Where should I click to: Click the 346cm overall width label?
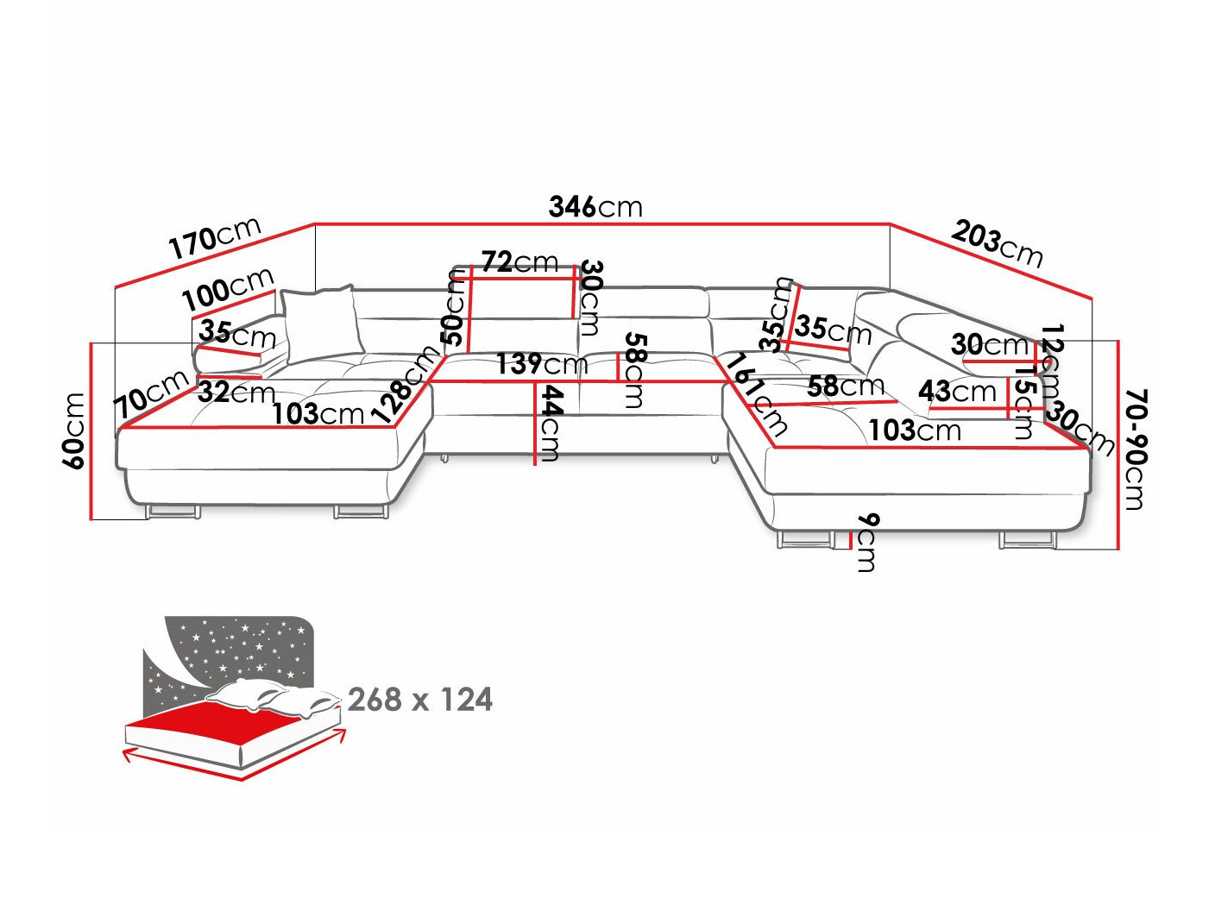(595, 207)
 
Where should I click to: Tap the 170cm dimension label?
(215, 238)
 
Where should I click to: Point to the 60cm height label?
(74, 430)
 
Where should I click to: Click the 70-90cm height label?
(1136, 449)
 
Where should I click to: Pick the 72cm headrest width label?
(519, 261)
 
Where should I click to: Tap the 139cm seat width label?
(541, 364)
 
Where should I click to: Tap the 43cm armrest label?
(957, 391)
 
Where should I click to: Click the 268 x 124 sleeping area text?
(420, 700)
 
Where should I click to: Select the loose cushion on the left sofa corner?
(320, 323)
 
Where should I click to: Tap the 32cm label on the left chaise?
(236, 393)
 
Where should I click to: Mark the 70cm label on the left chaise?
(152, 393)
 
